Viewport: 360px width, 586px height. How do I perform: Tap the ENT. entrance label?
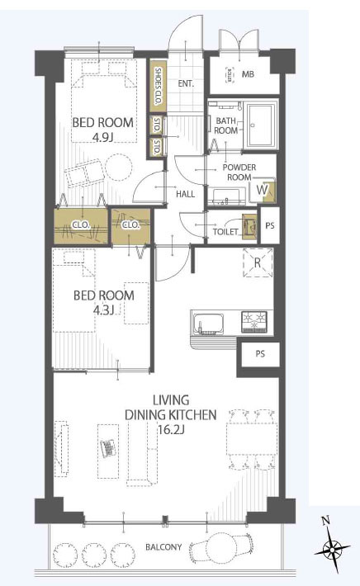tap(186, 83)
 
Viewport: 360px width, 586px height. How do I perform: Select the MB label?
tap(248, 74)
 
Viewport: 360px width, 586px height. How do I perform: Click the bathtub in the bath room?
tap(260, 126)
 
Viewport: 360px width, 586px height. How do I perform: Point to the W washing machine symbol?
tap(262, 190)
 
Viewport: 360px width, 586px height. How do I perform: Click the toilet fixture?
tap(249, 226)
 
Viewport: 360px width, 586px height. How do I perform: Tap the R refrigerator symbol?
tap(258, 262)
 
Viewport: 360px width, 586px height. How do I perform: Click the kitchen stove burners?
tap(253, 321)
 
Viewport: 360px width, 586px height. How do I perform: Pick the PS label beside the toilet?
tap(270, 225)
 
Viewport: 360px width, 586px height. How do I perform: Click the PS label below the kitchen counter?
tap(261, 353)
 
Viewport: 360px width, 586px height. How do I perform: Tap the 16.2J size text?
tap(171, 430)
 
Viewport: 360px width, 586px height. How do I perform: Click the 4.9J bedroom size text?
tap(102, 138)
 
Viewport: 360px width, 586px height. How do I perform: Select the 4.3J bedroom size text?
tap(103, 310)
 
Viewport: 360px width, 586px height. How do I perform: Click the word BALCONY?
tap(163, 547)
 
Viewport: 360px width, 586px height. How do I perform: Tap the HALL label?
tap(186, 194)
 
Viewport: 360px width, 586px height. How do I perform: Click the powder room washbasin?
tap(225, 196)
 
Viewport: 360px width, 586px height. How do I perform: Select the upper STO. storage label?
tap(157, 125)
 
